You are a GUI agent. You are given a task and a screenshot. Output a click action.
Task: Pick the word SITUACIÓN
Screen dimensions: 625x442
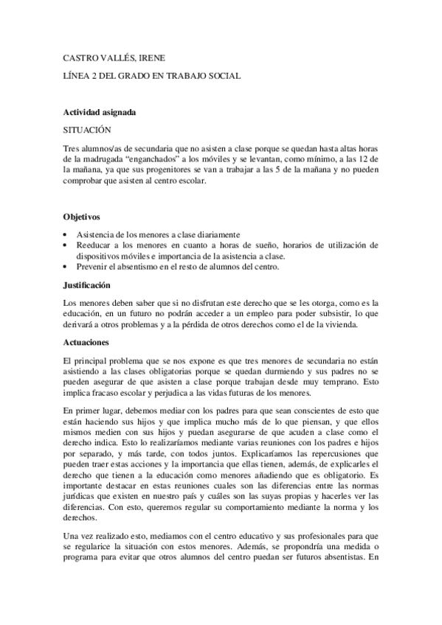tap(87, 128)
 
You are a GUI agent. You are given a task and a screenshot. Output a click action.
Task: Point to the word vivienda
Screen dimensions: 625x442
tap(340, 326)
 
